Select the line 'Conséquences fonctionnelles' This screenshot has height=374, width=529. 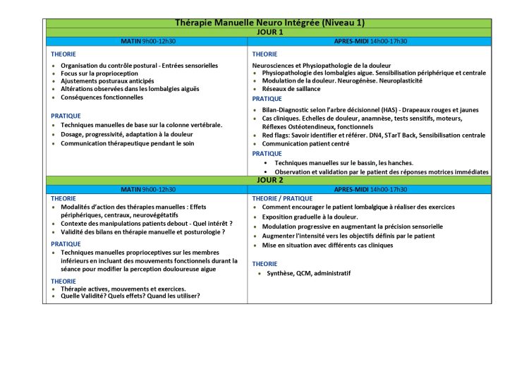point(102,97)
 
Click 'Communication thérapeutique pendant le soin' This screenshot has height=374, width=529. point(127,143)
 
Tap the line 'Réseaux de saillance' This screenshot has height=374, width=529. point(291,89)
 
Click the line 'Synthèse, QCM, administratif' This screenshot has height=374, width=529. point(308,273)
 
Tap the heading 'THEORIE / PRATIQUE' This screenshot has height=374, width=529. point(282,198)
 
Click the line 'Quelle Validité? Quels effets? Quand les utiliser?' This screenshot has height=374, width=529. point(130,296)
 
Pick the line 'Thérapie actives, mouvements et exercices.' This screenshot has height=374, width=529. point(123,289)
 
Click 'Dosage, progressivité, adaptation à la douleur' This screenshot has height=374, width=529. point(127,134)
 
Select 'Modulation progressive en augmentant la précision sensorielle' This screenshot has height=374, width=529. point(353,227)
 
